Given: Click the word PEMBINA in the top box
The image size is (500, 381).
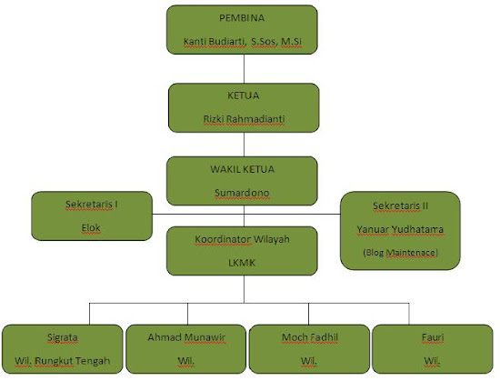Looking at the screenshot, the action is coord(242,18).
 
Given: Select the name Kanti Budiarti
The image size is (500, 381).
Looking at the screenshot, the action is coord(215,42).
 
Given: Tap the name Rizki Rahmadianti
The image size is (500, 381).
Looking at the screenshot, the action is coord(244,119).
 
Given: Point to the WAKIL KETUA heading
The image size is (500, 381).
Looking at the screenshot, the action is coord(242,169).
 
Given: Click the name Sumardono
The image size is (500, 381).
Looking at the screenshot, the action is coord(242,193).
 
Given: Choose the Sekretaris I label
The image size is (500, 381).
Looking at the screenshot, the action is coord(92,204).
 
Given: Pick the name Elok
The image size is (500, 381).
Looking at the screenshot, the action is coord(91,228).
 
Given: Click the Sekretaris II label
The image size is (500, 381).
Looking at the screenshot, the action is coord(400,206).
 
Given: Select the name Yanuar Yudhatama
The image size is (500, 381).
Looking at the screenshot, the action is coord(400,229).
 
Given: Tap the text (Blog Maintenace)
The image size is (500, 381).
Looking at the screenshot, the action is coord(400,253).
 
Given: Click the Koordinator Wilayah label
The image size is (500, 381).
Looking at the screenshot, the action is coord(242,239).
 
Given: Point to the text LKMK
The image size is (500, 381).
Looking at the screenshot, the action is coord(242,263).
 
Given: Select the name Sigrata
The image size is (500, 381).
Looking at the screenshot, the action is coord(63,337).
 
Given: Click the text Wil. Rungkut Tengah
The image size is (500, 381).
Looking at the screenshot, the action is coord(63,361).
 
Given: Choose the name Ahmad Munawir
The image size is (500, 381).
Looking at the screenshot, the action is coord(186,337).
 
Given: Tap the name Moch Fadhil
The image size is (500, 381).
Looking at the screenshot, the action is coord(310,337).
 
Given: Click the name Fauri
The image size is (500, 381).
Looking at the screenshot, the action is coord(433,337).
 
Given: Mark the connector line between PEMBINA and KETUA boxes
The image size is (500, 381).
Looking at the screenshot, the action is coord(244,69).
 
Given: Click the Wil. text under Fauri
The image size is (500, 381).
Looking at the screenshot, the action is coord(432,361).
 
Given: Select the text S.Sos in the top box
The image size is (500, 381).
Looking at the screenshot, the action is coord(264,42).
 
